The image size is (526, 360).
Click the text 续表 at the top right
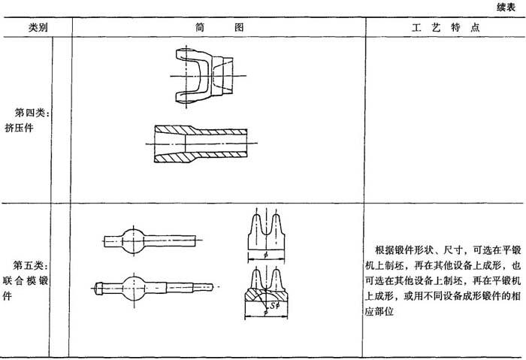click(506, 8)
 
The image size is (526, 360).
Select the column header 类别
click(38, 28)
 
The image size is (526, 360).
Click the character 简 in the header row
click(200, 27)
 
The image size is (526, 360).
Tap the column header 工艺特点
click(446, 28)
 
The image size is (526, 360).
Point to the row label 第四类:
click(32, 113)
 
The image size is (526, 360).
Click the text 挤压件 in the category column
click(19, 128)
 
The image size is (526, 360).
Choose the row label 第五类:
click(31, 265)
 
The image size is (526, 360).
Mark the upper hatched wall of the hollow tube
click(201, 130)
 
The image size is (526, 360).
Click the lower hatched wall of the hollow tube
click(201, 156)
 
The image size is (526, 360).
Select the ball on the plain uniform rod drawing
click(133, 241)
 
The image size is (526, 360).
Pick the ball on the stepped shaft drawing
click(135, 288)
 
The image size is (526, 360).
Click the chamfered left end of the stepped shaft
click(98, 288)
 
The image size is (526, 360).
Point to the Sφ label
click(275, 305)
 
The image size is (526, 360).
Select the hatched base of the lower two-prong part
click(266, 295)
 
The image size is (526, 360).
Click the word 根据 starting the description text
click(385, 250)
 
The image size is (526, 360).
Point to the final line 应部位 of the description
click(379, 311)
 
